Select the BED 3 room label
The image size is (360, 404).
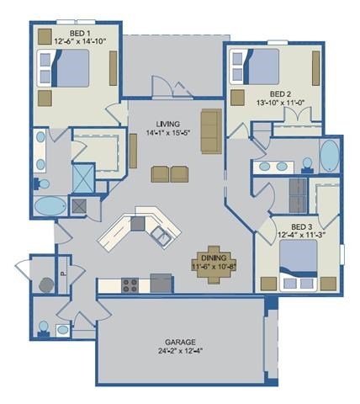300,227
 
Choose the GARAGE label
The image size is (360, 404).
179,343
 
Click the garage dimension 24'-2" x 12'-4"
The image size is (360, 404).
179,352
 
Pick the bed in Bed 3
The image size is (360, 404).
300,258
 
